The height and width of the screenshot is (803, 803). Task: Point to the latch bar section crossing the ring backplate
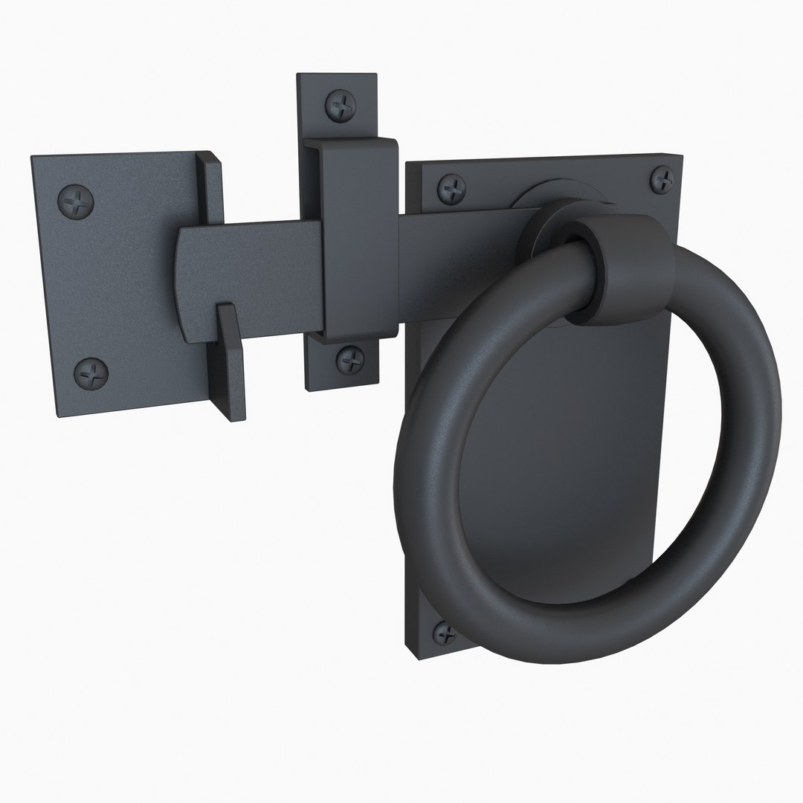(461, 238)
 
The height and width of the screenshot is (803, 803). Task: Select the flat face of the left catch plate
(119, 283)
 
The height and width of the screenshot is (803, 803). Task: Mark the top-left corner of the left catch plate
(33, 158)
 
